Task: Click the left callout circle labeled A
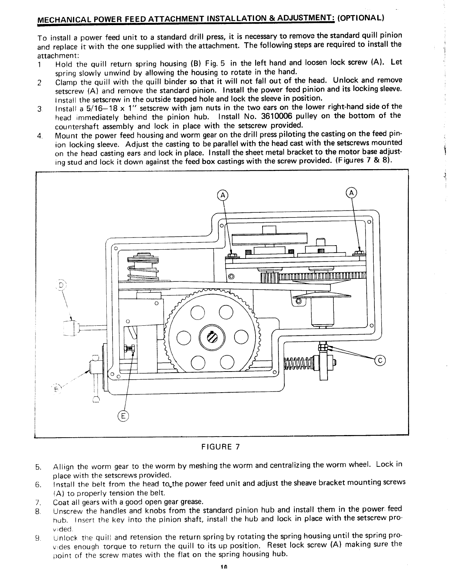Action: point(223,195)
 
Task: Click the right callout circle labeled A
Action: point(352,192)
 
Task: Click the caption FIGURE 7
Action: point(220,447)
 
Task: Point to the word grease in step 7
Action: point(191,502)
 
